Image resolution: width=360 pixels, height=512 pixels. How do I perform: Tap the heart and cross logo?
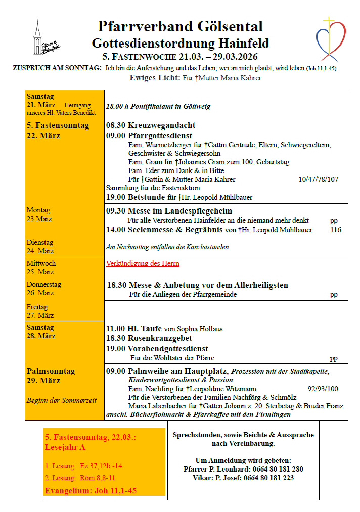331,38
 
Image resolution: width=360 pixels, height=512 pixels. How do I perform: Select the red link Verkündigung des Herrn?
143,263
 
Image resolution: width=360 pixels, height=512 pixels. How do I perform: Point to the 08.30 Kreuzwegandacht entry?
151,125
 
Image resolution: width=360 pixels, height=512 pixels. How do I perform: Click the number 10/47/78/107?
319,179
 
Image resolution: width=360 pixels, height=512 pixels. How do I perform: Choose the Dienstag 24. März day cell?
40,246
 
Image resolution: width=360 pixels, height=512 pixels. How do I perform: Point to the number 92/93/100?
323,389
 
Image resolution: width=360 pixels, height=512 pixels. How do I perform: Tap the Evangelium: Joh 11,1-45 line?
91,490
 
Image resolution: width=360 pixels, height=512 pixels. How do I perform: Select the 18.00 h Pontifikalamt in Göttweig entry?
158,107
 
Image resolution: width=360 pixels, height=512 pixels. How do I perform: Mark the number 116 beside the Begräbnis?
335,230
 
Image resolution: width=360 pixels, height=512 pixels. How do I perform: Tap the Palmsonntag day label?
51,371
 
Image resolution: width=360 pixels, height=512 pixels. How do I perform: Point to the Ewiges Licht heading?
155,78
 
